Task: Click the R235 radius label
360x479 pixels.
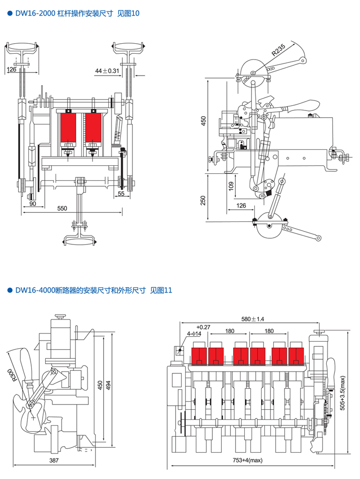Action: [x=279, y=50]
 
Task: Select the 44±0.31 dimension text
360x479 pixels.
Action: [x=107, y=71]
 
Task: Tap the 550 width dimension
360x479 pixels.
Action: [x=62, y=209]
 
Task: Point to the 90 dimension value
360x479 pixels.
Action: [x=33, y=204]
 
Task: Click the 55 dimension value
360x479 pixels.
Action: [x=121, y=193]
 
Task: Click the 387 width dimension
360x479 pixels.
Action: [x=54, y=461]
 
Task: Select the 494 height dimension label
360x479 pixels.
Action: [x=109, y=385]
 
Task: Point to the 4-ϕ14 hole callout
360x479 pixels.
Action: [x=194, y=334]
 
